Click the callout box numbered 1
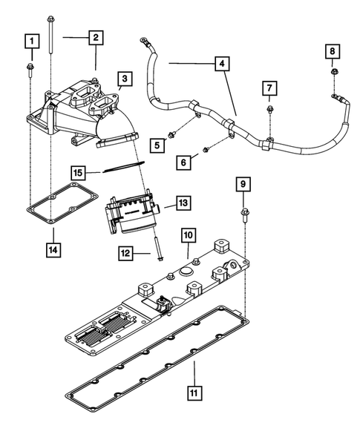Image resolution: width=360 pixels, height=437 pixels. click(x=30, y=41)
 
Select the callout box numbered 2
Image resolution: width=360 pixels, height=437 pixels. click(x=96, y=36)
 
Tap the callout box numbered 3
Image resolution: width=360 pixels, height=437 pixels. click(x=123, y=79)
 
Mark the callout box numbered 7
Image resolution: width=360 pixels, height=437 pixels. click(x=270, y=90)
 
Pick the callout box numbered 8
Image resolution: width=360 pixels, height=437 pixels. click(x=333, y=50)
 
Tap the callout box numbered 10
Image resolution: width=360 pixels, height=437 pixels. click(x=189, y=235)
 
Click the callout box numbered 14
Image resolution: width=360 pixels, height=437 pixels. click(x=53, y=249)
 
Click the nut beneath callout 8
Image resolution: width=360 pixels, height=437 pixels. click(x=334, y=72)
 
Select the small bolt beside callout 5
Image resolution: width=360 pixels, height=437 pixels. click(x=172, y=134)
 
